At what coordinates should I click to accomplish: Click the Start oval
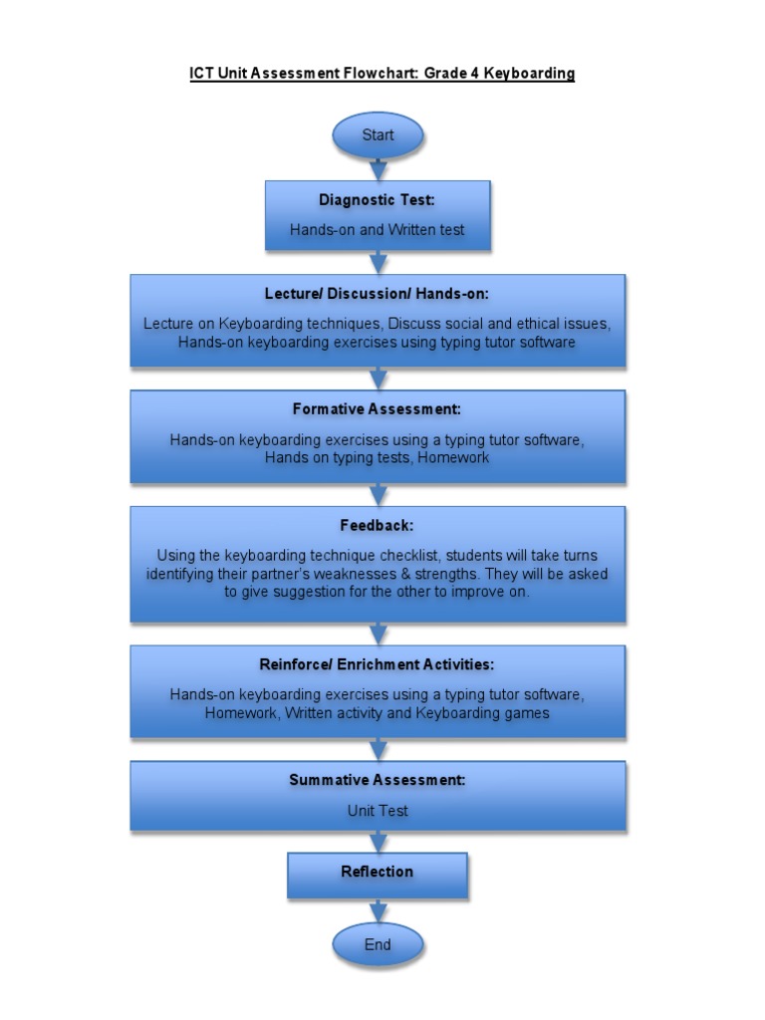pyautogui.click(x=378, y=135)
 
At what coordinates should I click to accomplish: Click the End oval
pyautogui.click(x=378, y=945)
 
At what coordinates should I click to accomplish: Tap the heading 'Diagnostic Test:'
pyautogui.click(x=378, y=200)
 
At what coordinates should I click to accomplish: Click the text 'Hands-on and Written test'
pyautogui.click(x=378, y=230)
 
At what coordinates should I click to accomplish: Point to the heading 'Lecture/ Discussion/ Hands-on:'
pyautogui.click(x=378, y=294)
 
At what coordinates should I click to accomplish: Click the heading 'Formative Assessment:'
pyautogui.click(x=378, y=409)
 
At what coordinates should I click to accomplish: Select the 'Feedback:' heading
pyautogui.click(x=378, y=525)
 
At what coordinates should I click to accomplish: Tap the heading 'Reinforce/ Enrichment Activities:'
pyautogui.click(x=378, y=663)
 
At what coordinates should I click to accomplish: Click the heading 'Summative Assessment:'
pyautogui.click(x=378, y=780)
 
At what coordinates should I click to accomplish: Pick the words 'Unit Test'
pyautogui.click(x=378, y=811)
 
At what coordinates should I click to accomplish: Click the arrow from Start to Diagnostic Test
pyautogui.click(x=378, y=169)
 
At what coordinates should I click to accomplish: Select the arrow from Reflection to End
pyautogui.click(x=378, y=910)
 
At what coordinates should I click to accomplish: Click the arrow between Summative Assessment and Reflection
pyautogui.click(x=378, y=842)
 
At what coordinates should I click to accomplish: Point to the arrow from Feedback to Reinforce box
pyautogui.click(x=378, y=634)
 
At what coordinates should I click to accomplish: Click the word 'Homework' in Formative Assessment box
pyautogui.click(x=453, y=458)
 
